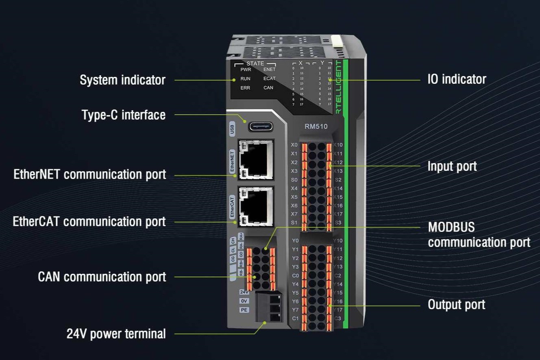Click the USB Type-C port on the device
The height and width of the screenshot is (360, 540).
[261, 126]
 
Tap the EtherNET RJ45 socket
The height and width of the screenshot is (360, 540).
[256, 160]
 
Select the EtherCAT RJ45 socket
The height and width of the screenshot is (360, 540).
[256, 206]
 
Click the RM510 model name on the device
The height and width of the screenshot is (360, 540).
[316, 127]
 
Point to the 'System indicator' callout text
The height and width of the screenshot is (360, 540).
[122, 80]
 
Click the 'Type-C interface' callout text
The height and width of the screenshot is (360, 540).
[124, 115]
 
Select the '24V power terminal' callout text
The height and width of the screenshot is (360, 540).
[116, 334]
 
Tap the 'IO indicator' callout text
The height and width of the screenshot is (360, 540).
[457, 79]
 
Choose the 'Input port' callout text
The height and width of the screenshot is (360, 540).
[452, 166]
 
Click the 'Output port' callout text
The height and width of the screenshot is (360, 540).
[456, 305]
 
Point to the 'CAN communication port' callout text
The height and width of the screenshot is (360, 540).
[102, 277]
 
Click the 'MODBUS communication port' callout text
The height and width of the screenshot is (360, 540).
[479, 235]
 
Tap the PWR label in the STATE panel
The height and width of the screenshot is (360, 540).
[246, 70]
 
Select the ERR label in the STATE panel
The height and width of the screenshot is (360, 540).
[245, 88]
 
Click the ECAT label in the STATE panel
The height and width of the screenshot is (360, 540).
[269, 79]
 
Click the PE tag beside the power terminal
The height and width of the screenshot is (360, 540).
[244, 310]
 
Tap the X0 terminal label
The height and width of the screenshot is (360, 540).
[294, 145]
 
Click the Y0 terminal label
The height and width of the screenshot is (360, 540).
[295, 240]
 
